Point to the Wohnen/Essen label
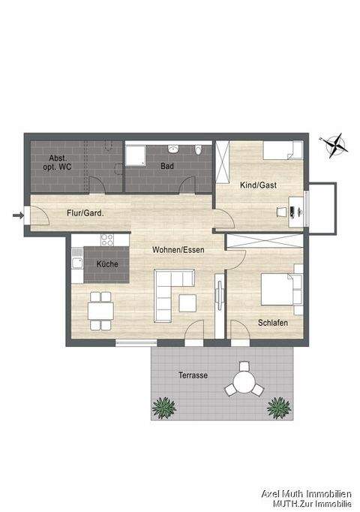[177, 249]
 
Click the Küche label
[106, 265]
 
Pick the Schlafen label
[272, 322]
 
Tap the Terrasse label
[193, 375]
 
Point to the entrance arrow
[18, 216]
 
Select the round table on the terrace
[243, 382]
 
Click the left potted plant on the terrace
[164, 407]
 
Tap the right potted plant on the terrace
[278, 407]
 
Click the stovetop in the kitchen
[106, 241]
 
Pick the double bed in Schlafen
[281, 292]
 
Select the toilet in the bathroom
[198, 152]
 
